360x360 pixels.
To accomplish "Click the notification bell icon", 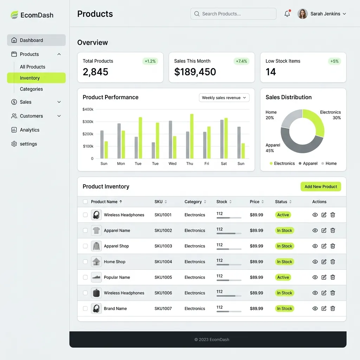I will tap(287, 14).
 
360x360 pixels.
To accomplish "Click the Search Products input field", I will tap(233, 14).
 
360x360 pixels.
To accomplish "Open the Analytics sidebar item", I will tap(30, 130).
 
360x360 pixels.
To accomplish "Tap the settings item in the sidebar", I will tap(28, 144).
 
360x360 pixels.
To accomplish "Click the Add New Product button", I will tap(321, 187).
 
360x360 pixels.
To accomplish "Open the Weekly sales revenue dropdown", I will tap(224, 98).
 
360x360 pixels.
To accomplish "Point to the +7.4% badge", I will tap(242, 61).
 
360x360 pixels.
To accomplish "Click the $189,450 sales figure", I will tap(195, 72).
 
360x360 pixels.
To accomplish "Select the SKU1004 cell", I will tap(163, 262).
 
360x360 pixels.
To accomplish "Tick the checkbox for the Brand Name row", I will tap(85, 308).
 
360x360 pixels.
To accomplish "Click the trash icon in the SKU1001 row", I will tap(333, 215).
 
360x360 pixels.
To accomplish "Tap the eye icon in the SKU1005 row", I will tap(315, 277).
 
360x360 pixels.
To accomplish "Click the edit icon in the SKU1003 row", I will tap(324, 246).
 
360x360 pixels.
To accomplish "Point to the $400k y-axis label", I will tap(88, 109).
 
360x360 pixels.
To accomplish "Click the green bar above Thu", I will tap(192, 136).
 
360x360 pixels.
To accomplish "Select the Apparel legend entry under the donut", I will tap(308, 163).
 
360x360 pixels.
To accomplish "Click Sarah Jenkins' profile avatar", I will tap(302, 14).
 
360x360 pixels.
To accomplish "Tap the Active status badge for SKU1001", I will tap(283, 215).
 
